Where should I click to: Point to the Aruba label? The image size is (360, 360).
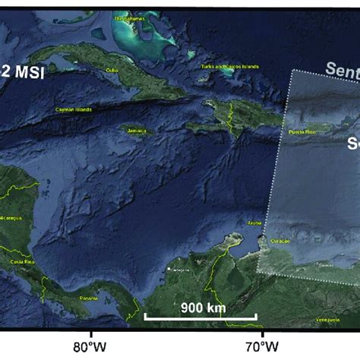click(x=254, y=223)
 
